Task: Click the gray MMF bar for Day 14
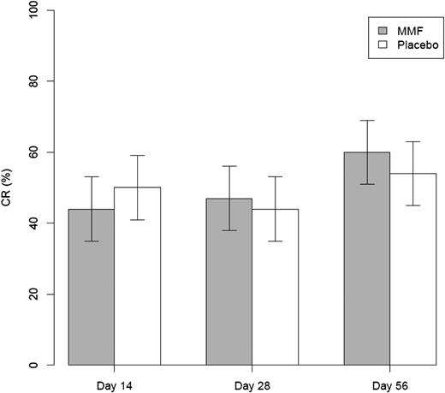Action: pos(91,291)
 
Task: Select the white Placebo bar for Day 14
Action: pos(137,283)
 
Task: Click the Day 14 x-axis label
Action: pos(114,381)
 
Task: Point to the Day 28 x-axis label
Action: pos(252,381)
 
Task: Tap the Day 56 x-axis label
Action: pos(389,381)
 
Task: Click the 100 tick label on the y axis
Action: pos(35,10)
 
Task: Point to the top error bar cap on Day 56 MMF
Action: pos(366,120)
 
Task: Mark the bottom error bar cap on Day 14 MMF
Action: pos(91,241)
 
